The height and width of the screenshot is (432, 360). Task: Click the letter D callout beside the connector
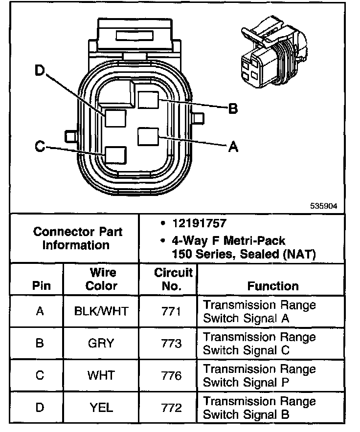pos(40,70)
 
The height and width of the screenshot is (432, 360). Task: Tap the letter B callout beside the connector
pos(233,108)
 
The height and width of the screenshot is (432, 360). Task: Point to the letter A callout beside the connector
pos(233,146)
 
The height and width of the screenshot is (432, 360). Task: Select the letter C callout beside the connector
pos(40,146)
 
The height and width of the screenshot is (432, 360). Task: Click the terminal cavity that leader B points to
pos(148,100)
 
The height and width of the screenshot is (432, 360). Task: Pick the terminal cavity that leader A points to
pos(148,137)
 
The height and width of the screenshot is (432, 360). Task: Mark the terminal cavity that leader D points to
pos(115,118)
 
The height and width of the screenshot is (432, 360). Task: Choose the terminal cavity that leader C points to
pos(115,155)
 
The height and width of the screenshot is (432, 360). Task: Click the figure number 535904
pos(324,206)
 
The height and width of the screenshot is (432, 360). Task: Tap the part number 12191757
pos(199,223)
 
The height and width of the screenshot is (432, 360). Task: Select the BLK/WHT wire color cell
pos(101,311)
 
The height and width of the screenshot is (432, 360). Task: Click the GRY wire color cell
pos(101,343)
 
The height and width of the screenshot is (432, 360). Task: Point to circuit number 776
pos(172,375)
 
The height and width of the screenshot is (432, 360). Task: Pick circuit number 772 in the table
pos(172,408)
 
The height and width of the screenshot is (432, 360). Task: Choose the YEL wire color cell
pos(101,408)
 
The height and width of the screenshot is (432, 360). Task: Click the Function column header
pos(273,286)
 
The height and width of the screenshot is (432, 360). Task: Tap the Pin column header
pos(42,286)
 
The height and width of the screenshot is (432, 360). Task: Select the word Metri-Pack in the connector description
pos(254,241)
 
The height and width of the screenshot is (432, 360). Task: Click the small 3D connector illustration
pos(274,52)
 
